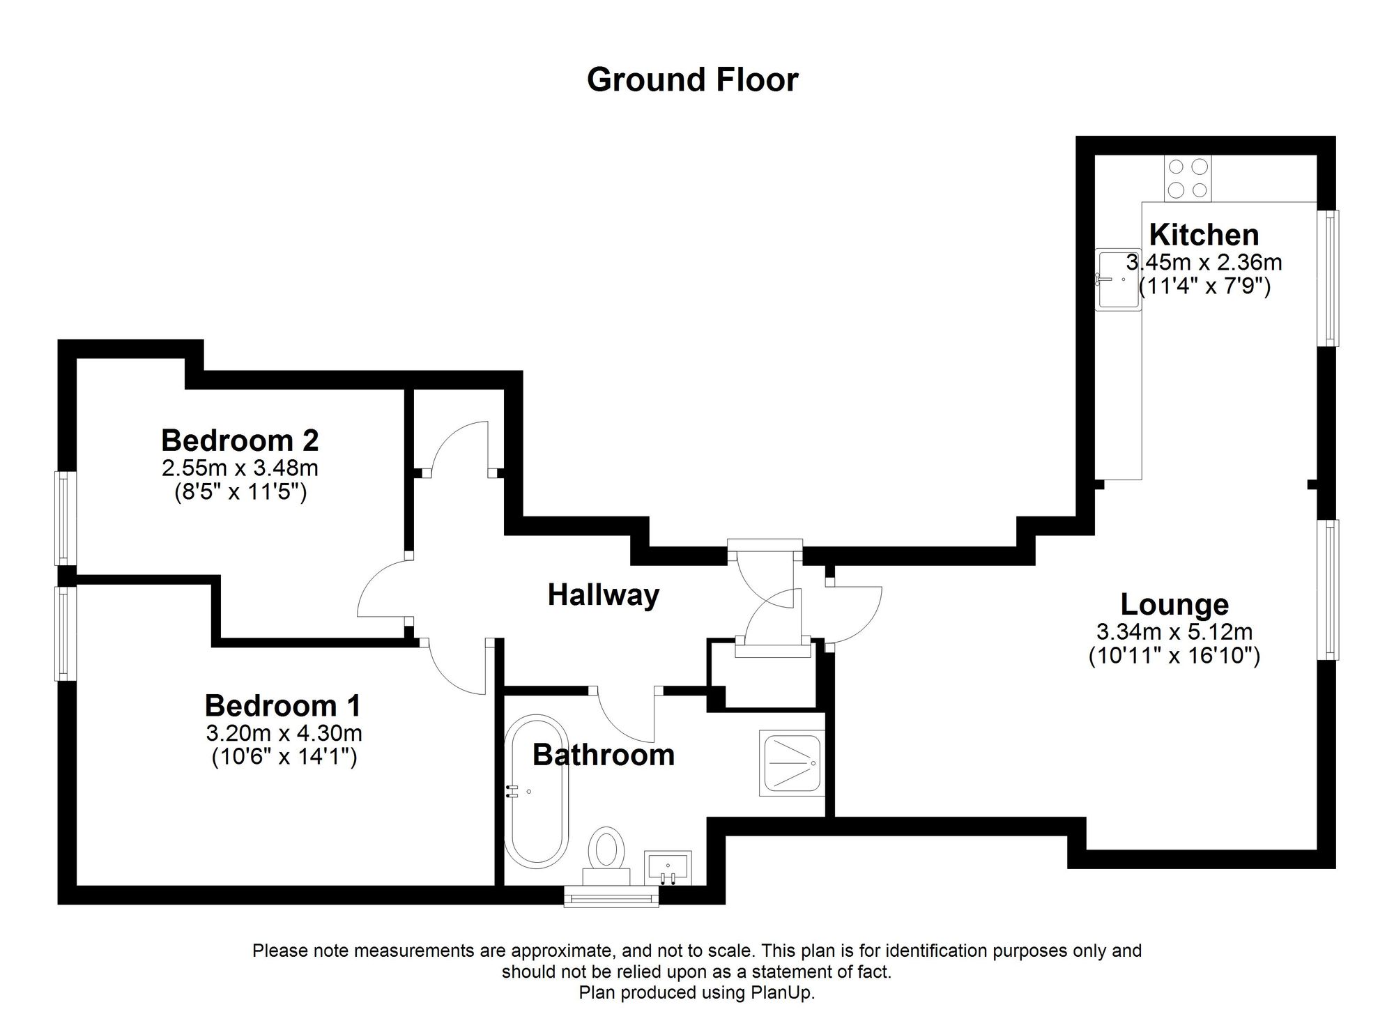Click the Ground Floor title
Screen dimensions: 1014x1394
click(x=692, y=80)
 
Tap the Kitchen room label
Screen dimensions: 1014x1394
click(x=1204, y=235)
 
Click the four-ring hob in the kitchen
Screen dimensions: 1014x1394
click(x=1188, y=178)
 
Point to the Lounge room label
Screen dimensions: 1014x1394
click(x=1174, y=604)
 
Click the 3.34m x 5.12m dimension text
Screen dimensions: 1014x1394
click(x=1174, y=632)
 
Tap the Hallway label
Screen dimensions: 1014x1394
click(x=603, y=595)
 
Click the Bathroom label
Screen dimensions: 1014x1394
click(x=604, y=755)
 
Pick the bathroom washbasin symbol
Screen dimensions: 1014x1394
click(x=668, y=868)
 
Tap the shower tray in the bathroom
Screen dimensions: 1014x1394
click(x=792, y=763)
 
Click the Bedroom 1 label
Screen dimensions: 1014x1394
click(x=283, y=706)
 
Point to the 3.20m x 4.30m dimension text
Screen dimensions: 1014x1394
click(x=284, y=733)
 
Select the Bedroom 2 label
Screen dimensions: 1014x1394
click(x=240, y=440)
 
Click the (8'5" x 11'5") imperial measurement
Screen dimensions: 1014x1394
click(x=240, y=492)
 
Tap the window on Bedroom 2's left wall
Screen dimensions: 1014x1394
click(x=64, y=518)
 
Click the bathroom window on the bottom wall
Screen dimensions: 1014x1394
click(x=611, y=898)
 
